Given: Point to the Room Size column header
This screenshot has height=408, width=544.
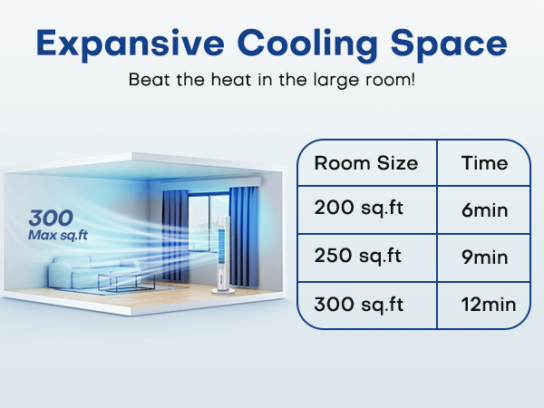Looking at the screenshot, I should point(365,164).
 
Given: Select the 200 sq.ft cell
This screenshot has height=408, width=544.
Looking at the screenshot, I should point(358,208).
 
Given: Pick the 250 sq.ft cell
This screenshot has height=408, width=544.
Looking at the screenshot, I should point(358,256).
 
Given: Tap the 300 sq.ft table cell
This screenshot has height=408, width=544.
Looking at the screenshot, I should point(359,304).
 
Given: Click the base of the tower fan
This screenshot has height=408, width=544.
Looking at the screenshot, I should point(220,290).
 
